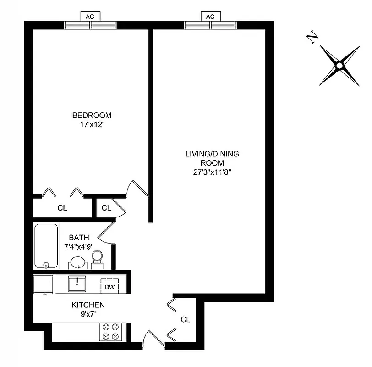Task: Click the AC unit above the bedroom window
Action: click(x=90, y=17)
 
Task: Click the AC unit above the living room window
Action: click(x=210, y=17)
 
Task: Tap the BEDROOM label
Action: click(x=92, y=115)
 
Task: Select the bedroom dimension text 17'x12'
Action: click(x=92, y=124)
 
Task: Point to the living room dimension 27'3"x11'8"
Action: click(x=212, y=172)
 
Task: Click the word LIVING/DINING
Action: click(x=212, y=154)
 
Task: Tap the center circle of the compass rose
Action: click(x=339, y=66)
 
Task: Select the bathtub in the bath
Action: click(x=46, y=246)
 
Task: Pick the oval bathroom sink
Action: click(x=77, y=263)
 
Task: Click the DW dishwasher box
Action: click(x=110, y=287)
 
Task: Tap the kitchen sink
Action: click(x=77, y=284)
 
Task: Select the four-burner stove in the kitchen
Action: click(x=110, y=332)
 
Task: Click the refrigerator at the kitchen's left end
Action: click(x=43, y=284)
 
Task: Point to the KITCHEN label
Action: click(x=88, y=305)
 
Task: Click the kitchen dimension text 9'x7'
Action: click(x=88, y=314)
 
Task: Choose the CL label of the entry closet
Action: click(x=185, y=319)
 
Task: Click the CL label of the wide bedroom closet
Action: click(x=62, y=208)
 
